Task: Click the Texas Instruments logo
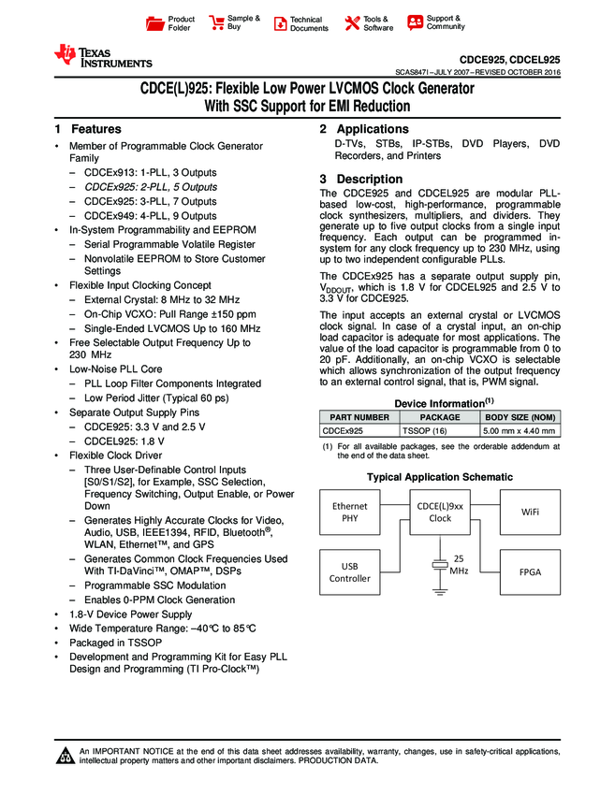click(x=103, y=56)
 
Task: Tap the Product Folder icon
click(x=155, y=23)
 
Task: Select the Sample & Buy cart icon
click(x=216, y=23)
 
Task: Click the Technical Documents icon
click(x=280, y=23)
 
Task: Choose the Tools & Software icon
click(x=352, y=23)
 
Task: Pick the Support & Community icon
click(x=415, y=23)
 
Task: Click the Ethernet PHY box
click(x=350, y=512)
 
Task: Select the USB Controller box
click(x=350, y=571)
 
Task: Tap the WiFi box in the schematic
click(x=528, y=512)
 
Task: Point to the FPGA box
click(x=528, y=571)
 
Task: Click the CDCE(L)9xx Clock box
click(x=439, y=512)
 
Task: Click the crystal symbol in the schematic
click(x=439, y=565)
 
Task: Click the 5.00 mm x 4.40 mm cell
click(x=520, y=431)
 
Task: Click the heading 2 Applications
click(x=364, y=129)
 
